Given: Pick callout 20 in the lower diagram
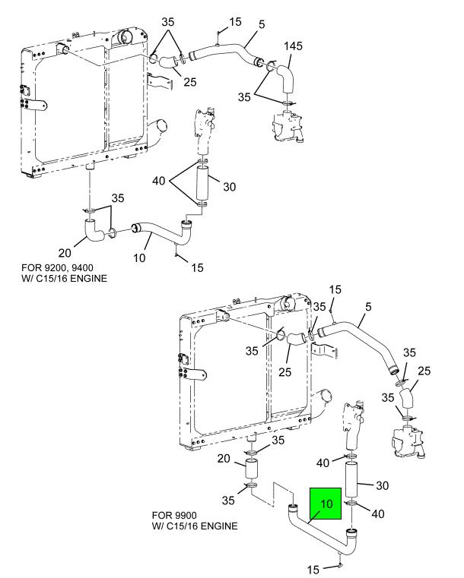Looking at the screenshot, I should [x=225, y=458].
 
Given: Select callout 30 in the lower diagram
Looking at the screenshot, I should [x=382, y=485].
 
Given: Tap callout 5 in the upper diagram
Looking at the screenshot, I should [x=262, y=24].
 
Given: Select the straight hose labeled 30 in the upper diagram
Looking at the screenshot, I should [x=202, y=184].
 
